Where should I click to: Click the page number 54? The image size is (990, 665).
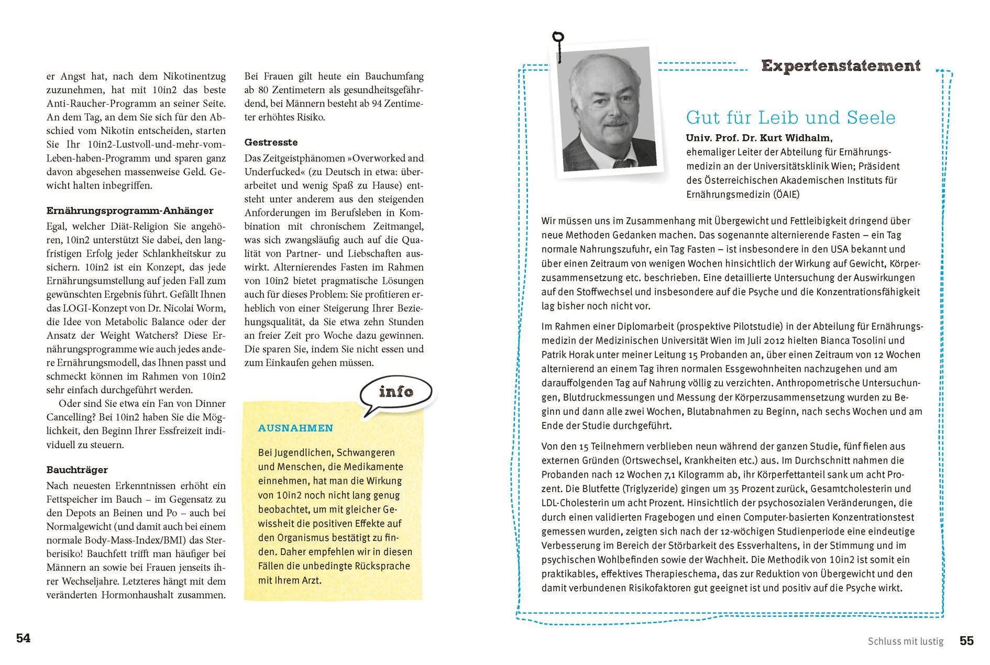point(23,638)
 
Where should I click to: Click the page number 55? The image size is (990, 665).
point(966,641)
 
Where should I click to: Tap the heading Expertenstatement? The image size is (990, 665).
point(841,66)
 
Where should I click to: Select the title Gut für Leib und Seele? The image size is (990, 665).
point(791,117)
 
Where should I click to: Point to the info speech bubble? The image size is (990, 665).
point(396,392)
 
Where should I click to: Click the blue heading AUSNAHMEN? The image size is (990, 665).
point(295,428)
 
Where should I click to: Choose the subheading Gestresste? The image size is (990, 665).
point(271,142)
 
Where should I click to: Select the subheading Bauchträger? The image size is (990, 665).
point(77,470)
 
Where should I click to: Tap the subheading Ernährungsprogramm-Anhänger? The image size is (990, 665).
point(130,211)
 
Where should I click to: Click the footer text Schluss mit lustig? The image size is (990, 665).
point(905,641)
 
